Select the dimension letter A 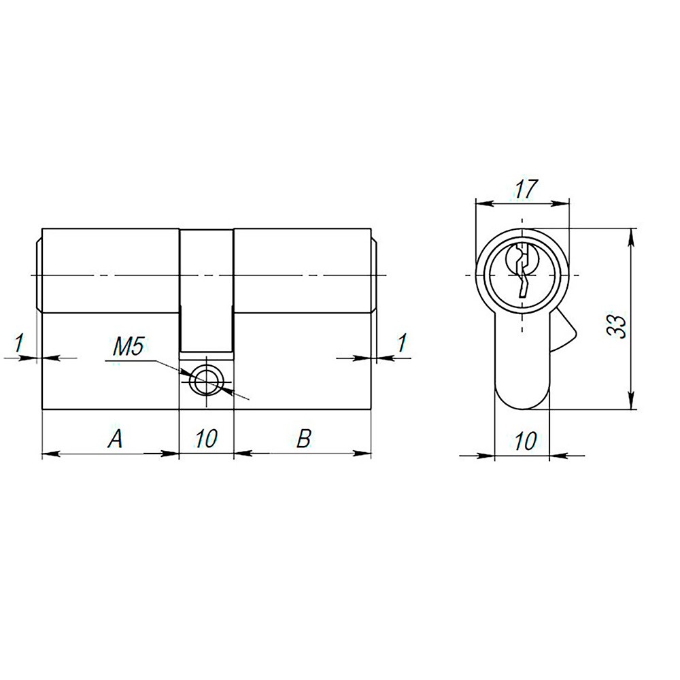coord(116,440)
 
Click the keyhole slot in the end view coord(522,272)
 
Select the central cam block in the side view coord(207,289)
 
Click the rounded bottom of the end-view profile coord(522,398)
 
